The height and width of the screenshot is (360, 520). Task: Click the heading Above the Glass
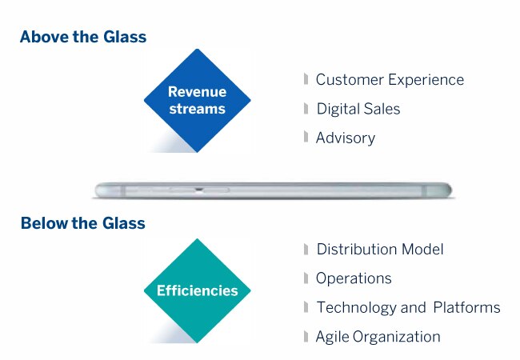(83, 37)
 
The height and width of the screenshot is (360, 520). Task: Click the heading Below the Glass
(83, 222)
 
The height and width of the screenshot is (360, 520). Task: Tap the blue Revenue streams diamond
(198, 101)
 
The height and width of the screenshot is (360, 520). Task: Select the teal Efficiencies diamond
(198, 290)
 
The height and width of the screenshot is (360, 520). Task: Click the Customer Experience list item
(390, 80)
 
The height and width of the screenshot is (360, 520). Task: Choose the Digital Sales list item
(358, 109)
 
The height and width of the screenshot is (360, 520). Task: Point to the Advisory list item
(346, 138)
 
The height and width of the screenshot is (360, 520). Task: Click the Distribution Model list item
(380, 250)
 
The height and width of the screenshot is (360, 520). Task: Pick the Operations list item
(354, 278)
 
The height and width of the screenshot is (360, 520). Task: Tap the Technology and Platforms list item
(409, 308)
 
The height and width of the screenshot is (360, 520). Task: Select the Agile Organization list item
(378, 337)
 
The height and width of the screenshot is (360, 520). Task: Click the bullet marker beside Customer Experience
(306, 79)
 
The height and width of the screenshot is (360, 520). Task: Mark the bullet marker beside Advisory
(306, 137)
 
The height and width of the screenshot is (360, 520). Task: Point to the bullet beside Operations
(306, 278)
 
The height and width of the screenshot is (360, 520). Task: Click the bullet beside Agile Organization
(306, 337)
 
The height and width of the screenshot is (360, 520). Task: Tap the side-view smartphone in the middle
(274, 190)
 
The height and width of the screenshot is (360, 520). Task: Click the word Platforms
(467, 307)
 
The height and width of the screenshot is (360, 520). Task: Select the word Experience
(426, 80)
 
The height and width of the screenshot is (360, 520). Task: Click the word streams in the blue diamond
(198, 109)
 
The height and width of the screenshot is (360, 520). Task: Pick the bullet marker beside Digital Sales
(306, 108)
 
